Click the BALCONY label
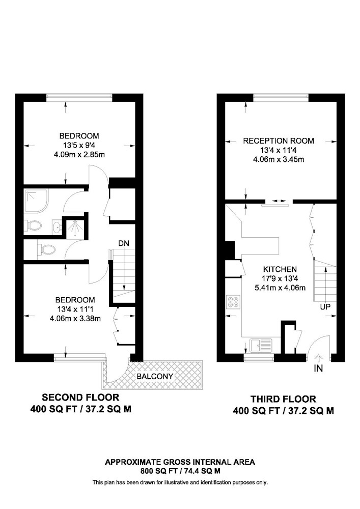pyautogui.click(x=155, y=376)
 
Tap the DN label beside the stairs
pyautogui.click(x=123, y=243)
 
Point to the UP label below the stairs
pyautogui.click(x=325, y=306)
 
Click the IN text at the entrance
pyautogui.click(x=318, y=369)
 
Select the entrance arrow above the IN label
pyautogui.click(x=318, y=358)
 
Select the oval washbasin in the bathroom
pyautogui.click(x=57, y=227)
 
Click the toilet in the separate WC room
pyautogui.click(x=46, y=249)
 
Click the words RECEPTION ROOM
pyautogui.click(x=279, y=141)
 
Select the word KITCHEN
pyautogui.click(x=280, y=269)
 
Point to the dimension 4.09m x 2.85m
pyautogui.click(x=79, y=155)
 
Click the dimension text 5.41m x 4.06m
pyautogui.click(x=280, y=288)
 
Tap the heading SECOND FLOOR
pyautogui.click(x=80, y=397)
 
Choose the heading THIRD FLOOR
pyautogui.click(x=283, y=399)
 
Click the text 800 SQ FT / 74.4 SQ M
pyautogui.click(x=180, y=471)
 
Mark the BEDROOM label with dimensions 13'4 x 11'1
pyautogui.click(x=75, y=300)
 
